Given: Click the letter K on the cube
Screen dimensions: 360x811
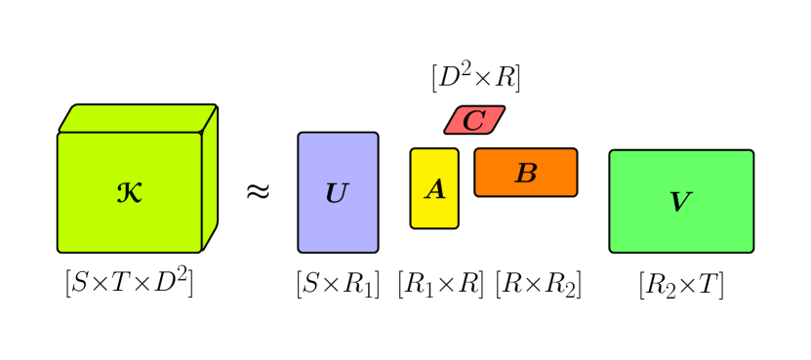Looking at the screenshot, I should click(130, 193).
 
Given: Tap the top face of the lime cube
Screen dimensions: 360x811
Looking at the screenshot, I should click(138, 118).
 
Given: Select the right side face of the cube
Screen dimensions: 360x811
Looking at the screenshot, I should click(209, 180).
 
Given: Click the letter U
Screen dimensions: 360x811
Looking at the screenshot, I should click(337, 194).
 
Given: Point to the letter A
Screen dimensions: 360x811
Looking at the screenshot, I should click(435, 190).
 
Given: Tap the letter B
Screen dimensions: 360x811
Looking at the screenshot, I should click(526, 174).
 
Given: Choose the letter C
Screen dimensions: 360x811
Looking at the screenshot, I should click(474, 121).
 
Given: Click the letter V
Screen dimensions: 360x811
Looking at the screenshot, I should click(680, 202).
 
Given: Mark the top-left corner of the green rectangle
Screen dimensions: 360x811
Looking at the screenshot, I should click(612, 152).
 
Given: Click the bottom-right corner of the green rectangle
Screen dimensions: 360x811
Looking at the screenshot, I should click(751, 251).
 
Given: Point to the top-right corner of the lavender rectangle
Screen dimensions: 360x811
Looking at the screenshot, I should click(376, 135).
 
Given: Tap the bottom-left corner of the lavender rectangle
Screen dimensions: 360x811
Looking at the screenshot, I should click(301, 251).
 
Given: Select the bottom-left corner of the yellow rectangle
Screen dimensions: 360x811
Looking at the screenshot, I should click(413, 226).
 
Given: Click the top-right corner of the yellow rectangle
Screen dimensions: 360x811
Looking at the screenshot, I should click(456, 150).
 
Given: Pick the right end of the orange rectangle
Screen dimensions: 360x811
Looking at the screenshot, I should click(575, 173).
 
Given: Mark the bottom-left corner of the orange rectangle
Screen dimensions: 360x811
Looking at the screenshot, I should click(477, 194).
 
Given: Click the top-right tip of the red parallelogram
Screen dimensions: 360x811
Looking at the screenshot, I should click(504, 108).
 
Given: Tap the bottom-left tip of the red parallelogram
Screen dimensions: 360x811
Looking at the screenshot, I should click(446, 132).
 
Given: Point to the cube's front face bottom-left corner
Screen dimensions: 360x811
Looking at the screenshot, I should click(60, 251).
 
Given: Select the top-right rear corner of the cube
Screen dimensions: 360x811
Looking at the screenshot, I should click(216, 105).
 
